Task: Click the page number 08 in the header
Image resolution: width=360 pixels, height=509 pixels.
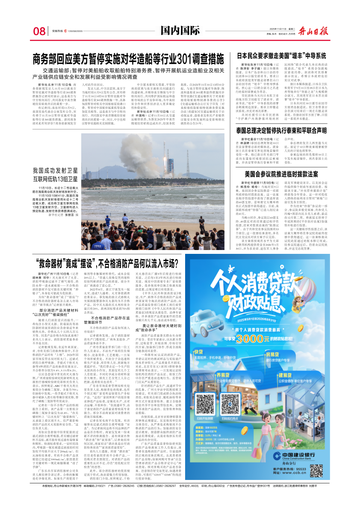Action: [x=39, y=31]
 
